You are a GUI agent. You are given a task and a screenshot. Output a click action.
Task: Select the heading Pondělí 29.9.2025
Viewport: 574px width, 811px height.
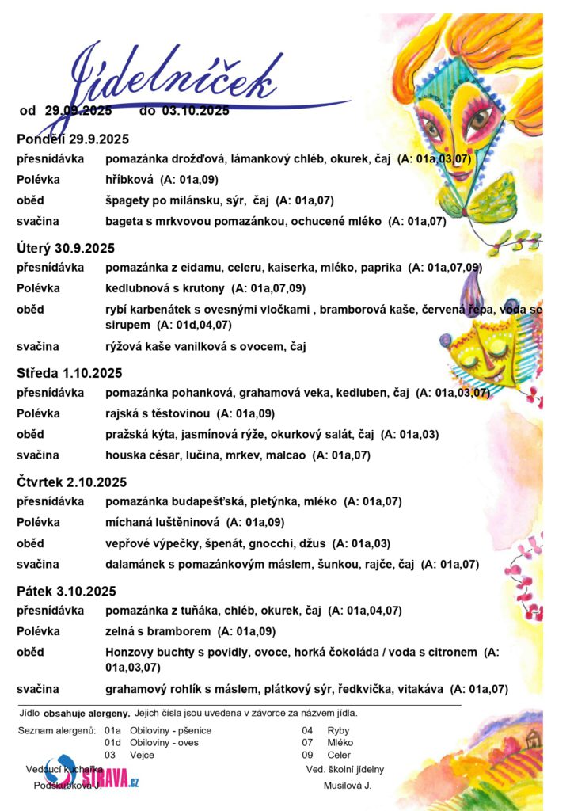[x=73, y=139]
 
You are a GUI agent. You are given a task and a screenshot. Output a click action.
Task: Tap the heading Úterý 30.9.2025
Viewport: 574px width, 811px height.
[x=66, y=248]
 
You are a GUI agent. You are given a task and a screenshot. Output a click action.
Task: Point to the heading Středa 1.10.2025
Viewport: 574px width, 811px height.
[x=70, y=373]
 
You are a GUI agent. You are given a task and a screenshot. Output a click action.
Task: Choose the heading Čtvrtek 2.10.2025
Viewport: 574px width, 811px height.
[x=72, y=482]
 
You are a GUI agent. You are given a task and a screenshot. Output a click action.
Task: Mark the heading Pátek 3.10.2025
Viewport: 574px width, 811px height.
[x=67, y=591]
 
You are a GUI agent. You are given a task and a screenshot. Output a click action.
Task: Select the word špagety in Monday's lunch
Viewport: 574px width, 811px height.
[x=129, y=200]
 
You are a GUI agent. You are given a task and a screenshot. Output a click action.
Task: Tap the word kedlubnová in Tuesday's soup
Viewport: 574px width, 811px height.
[x=137, y=288]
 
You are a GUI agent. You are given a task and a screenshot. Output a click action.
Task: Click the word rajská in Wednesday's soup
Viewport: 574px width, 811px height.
[x=123, y=413]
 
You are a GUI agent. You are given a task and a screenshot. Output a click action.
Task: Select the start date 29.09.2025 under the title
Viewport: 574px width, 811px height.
[x=78, y=111]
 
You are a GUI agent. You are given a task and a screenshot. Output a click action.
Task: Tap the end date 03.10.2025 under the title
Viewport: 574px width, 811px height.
[x=196, y=111]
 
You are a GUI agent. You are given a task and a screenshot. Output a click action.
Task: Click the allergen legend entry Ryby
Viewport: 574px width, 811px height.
[x=338, y=730]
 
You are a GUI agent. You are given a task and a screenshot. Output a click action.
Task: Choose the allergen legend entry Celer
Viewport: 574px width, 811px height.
[x=339, y=756]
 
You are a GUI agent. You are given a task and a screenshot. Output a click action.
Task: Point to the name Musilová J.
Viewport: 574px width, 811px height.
[x=347, y=786]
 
